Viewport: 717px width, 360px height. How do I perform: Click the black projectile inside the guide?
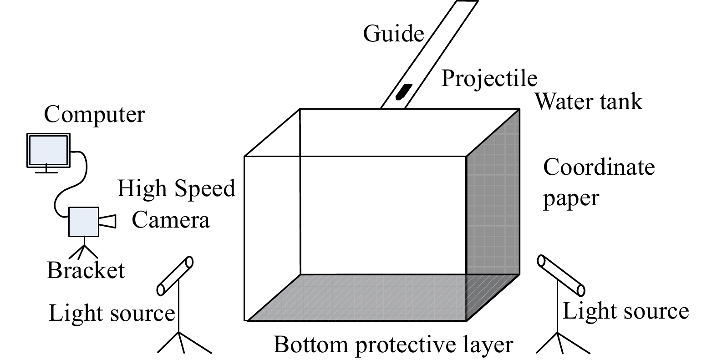404,91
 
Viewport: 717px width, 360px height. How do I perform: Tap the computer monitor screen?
48,150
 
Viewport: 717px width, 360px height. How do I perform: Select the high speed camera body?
84,222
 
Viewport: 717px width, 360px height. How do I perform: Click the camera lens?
107,222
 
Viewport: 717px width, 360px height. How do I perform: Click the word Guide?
393,34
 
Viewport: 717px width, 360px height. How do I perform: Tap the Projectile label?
489,79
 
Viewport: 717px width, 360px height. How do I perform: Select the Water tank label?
589,102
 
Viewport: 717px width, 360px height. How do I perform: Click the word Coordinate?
599,167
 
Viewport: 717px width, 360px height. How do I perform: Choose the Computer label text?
94,115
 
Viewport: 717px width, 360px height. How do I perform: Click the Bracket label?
86,270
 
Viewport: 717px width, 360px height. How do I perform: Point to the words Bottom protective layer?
393,345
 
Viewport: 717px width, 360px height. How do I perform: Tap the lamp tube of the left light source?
175,275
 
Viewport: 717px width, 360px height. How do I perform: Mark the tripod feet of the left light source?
184,342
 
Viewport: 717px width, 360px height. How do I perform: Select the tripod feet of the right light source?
563,343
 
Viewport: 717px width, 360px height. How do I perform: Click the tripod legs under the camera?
84,252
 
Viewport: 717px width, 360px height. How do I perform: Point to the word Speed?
205,189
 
